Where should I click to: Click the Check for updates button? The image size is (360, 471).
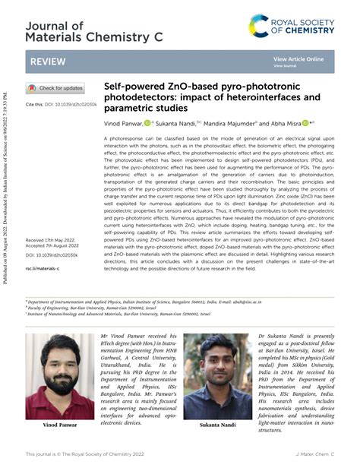(55, 88)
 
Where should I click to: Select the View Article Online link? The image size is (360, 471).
(298, 58)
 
